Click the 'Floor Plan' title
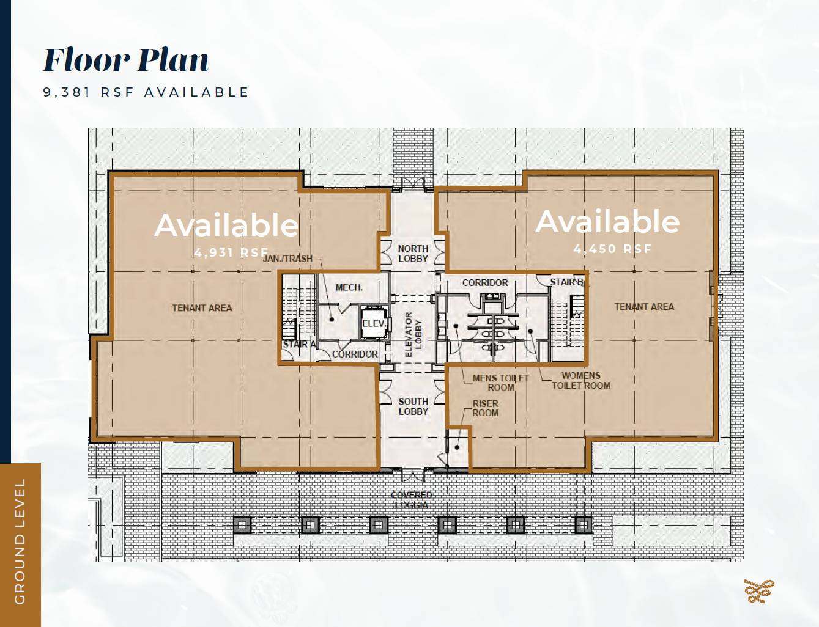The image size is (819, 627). click(x=126, y=61)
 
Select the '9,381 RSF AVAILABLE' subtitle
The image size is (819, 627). click(x=146, y=92)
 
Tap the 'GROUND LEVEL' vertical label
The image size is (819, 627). click(x=20, y=541)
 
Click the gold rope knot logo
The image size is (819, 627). click(x=758, y=591)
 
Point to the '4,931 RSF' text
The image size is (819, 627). click(x=231, y=252)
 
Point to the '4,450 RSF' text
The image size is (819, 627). click(x=612, y=249)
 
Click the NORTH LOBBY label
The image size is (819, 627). click(x=413, y=254)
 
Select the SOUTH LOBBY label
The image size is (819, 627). click(x=413, y=406)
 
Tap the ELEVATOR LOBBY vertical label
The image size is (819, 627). click(x=413, y=334)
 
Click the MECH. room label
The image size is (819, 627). click(x=349, y=287)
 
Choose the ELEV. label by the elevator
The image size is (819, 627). click(x=373, y=323)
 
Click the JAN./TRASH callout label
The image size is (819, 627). click(x=287, y=258)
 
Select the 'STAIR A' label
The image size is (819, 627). click(x=299, y=344)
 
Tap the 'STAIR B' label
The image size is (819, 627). click(x=566, y=282)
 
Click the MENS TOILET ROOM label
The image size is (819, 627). click(x=500, y=383)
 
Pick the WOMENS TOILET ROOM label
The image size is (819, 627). click(x=581, y=380)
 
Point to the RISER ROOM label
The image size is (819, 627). click(x=485, y=408)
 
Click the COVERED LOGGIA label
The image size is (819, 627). click(x=412, y=500)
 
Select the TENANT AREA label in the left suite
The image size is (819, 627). click(x=202, y=308)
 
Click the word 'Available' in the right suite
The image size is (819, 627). click(x=607, y=221)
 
